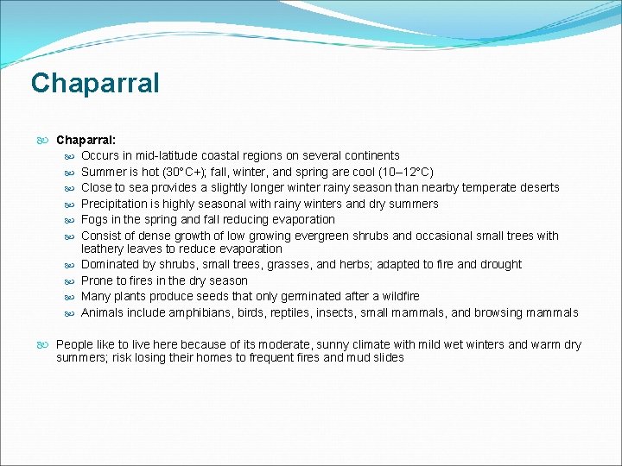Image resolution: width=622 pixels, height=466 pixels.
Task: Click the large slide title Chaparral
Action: [x=95, y=84]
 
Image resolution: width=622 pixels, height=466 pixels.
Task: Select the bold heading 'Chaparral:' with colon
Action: [x=86, y=139]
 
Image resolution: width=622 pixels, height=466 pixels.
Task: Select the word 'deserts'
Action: [x=538, y=187]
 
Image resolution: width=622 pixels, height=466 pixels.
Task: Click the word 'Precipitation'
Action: [x=115, y=204]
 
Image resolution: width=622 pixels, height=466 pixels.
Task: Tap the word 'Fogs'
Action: [x=95, y=219]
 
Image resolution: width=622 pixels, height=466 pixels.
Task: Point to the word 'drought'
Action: [x=500, y=265]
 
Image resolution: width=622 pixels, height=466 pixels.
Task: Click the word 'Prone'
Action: [x=97, y=280]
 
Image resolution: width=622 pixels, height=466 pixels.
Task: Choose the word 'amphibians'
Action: [x=200, y=313]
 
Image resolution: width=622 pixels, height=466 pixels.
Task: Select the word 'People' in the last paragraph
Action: [x=75, y=345]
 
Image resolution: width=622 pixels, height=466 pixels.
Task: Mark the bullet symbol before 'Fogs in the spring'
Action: [x=69, y=220]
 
